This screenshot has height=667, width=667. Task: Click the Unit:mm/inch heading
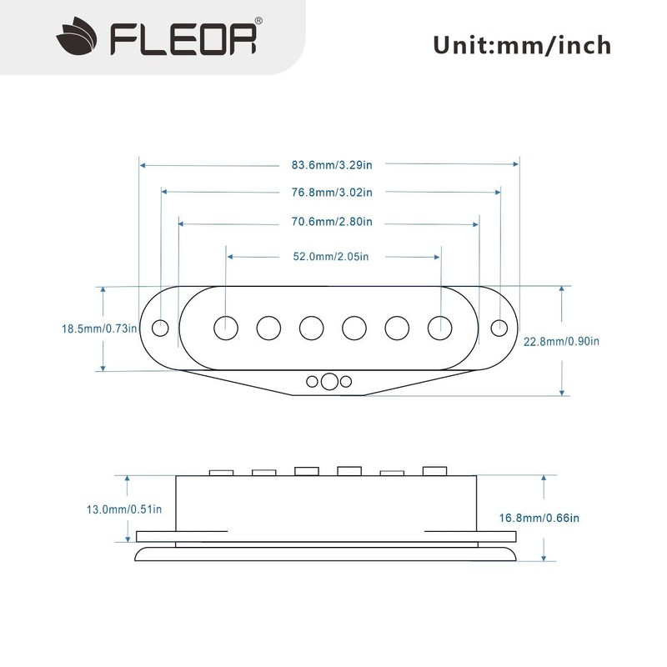click(522, 43)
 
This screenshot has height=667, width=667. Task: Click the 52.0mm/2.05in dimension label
click(331, 257)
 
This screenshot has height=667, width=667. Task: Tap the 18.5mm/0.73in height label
click(99, 328)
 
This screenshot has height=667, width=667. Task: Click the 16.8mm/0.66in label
click(539, 518)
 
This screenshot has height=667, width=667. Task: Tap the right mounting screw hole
click(499, 326)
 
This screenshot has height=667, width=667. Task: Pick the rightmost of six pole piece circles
click(440, 327)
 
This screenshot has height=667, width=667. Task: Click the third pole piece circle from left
click(311, 327)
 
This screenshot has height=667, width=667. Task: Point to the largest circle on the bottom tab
click(329, 382)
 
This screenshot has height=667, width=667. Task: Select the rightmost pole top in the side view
click(434, 471)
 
